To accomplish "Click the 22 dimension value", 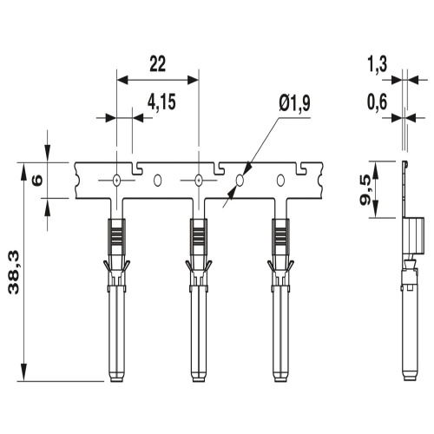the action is click(x=158, y=64).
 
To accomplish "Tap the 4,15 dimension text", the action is click(x=161, y=102).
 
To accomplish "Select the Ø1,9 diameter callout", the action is click(x=294, y=103).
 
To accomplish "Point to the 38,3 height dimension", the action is click(x=14, y=273).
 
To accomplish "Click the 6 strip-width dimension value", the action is click(x=37, y=181).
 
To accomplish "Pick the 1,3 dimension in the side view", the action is click(x=377, y=64).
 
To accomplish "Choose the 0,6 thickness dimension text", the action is click(x=377, y=102).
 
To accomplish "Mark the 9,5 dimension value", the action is click(x=367, y=190).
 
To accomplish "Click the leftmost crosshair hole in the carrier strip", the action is click(x=116, y=181).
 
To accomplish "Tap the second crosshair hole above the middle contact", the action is click(x=199, y=181).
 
